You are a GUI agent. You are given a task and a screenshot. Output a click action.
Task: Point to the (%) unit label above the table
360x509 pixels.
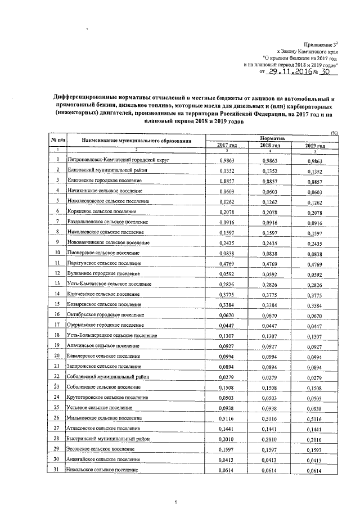[x=334, y=133]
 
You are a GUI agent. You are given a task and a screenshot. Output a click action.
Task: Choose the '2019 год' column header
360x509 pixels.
[x=316, y=145]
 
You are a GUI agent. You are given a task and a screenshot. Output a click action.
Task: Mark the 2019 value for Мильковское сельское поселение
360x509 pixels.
[x=317, y=419]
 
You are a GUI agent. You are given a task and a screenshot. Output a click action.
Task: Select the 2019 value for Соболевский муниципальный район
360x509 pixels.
[x=317, y=377]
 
